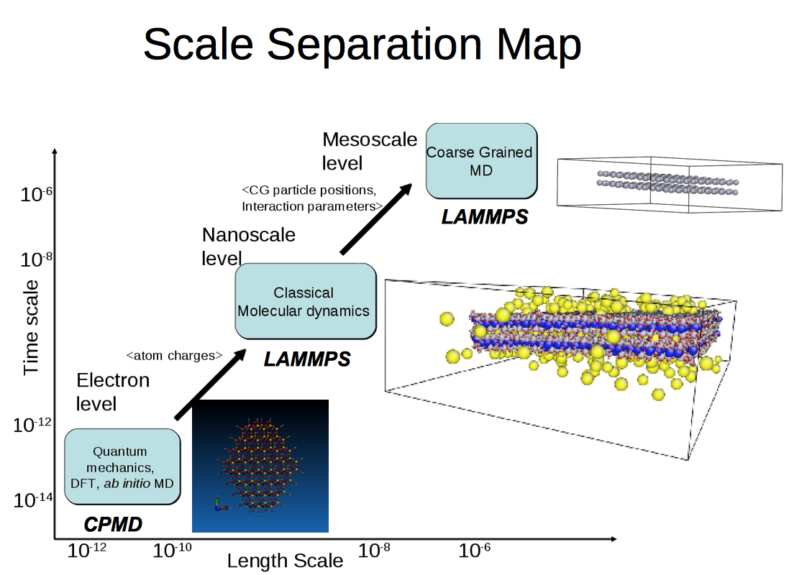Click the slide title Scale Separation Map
coord(362,45)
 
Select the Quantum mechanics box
coord(122,466)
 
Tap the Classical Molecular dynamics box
coord(305,301)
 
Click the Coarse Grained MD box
coord(481,161)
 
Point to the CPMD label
coord(113,525)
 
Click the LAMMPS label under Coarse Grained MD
coord(484,216)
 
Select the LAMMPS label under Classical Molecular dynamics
coord(306,358)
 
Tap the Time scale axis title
coord(31,327)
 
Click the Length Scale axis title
coord(285,561)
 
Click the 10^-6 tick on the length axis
coord(475,551)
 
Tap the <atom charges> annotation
coord(174,355)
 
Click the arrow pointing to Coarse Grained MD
coord(375,218)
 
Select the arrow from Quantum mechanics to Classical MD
coord(210,384)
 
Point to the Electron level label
coord(112,392)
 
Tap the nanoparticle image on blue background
coord(260,466)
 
